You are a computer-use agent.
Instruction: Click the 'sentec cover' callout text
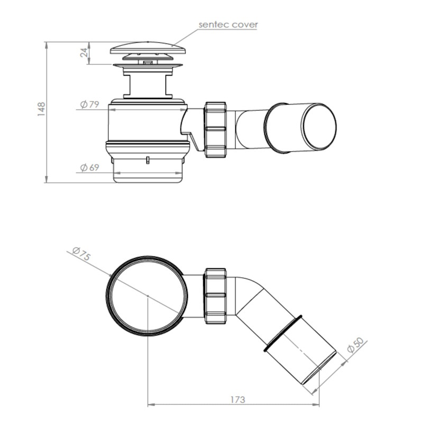(228, 24)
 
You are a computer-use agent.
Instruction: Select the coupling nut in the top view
(215, 293)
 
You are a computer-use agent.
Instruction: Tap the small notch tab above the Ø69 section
(148, 159)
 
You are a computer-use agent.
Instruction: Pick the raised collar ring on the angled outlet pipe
(282, 333)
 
